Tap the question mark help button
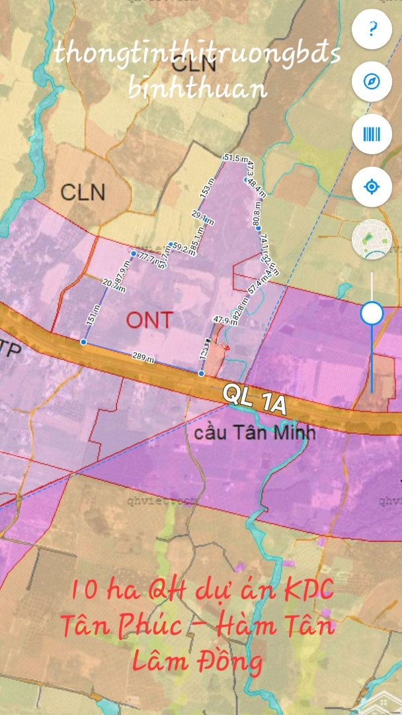coord(372,29)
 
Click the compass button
coord(372,81)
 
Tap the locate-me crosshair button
coord(372,187)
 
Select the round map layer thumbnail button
coord(372,239)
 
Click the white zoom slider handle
coord(372,313)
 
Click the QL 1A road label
coord(255,399)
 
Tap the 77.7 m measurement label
coord(147,258)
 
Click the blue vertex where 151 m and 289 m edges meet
coord(83,342)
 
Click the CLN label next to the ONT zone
coord(83,192)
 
